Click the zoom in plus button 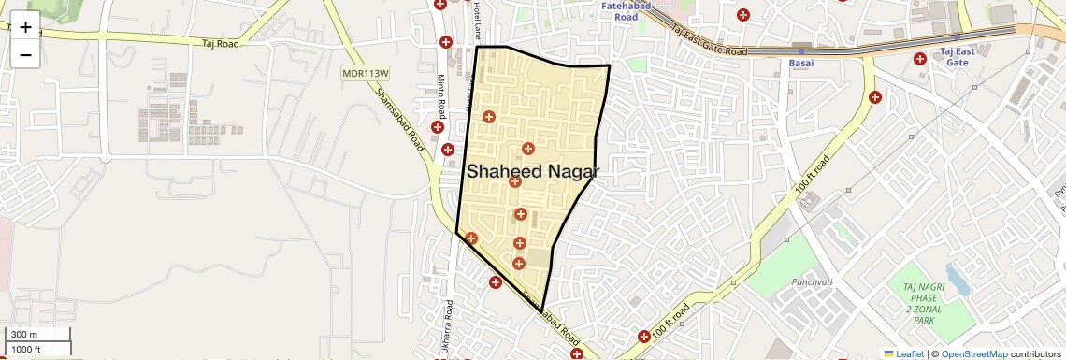coord(25,27)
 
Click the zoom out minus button coord(25,54)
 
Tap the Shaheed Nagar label coord(532,171)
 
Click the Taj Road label coord(221,43)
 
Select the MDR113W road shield coord(365,72)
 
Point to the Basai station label coord(801,63)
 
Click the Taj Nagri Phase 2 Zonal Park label coord(921,303)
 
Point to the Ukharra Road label coord(450,322)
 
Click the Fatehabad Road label coord(619,12)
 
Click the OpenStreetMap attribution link coord(973,353)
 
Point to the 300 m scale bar coord(37,335)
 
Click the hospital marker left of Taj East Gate coord(920,58)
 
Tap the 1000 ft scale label coord(26,350)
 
